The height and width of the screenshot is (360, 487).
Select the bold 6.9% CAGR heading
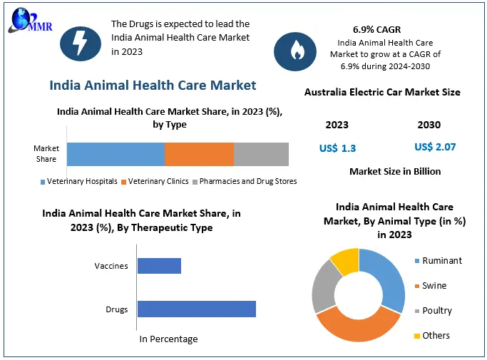pyautogui.click(x=376, y=29)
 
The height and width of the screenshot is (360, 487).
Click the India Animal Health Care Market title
pyautogui.click(x=153, y=85)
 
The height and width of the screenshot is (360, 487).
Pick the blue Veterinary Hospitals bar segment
pyautogui.click(x=116, y=154)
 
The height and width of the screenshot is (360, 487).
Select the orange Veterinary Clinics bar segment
pyautogui.click(x=199, y=154)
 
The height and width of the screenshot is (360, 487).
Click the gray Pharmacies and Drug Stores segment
pyautogui.click(x=261, y=154)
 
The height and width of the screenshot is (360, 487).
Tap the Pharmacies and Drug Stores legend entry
pyautogui.click(x=244, y=181)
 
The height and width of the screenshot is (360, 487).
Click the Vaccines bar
pyautogui.click(x=159, y=266)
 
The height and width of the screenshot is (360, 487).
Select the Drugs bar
pyautogui.click(x=196, y=309)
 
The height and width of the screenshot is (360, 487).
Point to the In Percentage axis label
pyautogui.click(x=168, y=339)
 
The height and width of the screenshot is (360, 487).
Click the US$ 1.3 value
pyautogui.click(x=337, y=148)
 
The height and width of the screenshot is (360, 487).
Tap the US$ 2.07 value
pyautogui.click(x=435, y=148)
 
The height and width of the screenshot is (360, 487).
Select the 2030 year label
pyautogui.click(x=429, y=125)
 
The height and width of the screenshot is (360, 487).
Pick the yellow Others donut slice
pyautogui.click(x=345, y=259)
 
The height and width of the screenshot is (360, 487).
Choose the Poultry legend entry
pyautogui.click(x=436, y=311)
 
